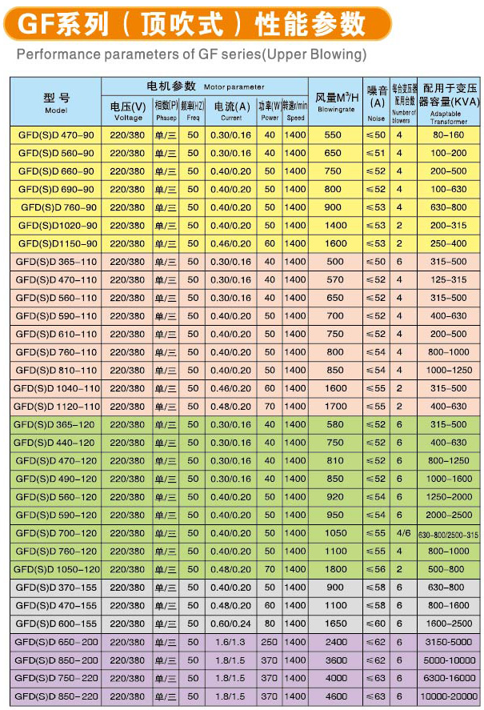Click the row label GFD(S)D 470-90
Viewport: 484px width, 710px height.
[x=56, y=134]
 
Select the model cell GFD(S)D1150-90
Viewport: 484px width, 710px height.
[x=56, y=243]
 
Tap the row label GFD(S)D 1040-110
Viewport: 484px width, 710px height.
[x=56, y=387]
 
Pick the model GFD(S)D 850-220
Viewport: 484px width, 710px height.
[x=56, y=696]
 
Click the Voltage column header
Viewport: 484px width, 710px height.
[x=128, y=110]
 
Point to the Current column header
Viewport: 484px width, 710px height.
[x=230, y=110]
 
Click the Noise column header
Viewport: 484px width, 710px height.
[x=375, y=102]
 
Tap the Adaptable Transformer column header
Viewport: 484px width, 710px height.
[x=445, y=102]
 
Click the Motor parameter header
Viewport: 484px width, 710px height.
[x=205, y=86]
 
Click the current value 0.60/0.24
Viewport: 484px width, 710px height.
[x=230, y=624]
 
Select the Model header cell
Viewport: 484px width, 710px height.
[x=56, y=102]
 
